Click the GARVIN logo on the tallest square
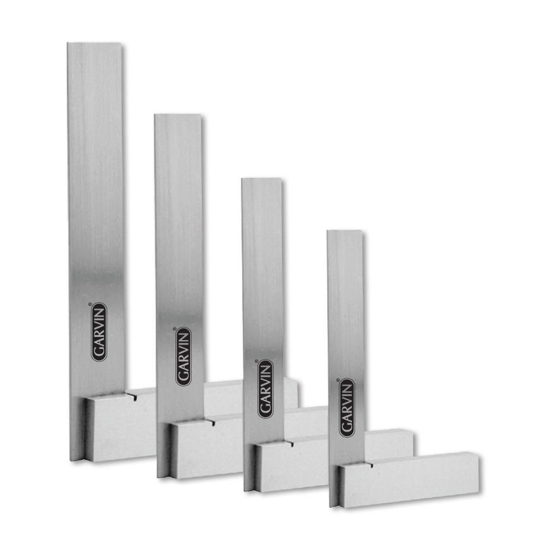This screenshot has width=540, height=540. coord(99,332)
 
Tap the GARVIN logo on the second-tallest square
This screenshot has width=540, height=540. coord(184,356)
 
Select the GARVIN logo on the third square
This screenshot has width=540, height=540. coord(266,389)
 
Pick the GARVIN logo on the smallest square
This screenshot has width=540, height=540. coord(346,408)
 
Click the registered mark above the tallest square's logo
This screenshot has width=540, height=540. coord(90,304)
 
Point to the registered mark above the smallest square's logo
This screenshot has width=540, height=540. coord(338,380)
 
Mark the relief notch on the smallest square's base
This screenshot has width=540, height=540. coord(370,466)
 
